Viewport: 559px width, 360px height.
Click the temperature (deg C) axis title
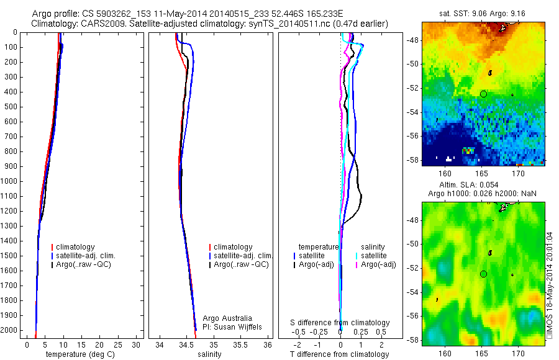80,354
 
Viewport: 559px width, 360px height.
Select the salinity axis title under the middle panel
208,354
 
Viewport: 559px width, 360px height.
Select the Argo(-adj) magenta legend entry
378,264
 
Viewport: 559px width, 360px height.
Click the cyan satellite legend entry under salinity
373,256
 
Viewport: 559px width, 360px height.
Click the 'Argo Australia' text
227,318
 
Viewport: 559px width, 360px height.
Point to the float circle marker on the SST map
483,94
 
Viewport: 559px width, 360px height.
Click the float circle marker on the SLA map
483,274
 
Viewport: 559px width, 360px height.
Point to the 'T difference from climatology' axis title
339,354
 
